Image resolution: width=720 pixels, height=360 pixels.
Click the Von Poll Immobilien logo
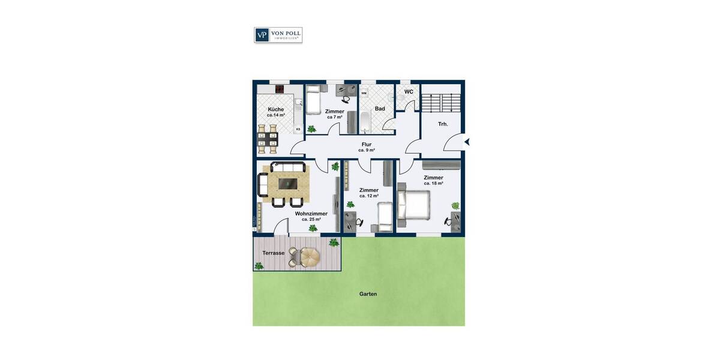pos(278,35)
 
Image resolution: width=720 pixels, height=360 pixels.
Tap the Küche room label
pos(276,109)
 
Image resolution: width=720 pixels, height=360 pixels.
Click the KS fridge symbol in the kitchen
pos(298,129)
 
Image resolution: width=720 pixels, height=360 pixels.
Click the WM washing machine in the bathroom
pos(364,93)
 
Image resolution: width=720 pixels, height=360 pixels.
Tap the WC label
pos(409,92)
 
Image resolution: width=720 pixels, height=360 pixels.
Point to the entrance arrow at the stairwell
pos(467,142)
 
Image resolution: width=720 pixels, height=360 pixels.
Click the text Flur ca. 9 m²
pos(367,147)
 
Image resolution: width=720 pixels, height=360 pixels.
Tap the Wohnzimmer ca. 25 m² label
pos(311,216)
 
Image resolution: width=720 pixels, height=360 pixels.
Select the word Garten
pos(368,294)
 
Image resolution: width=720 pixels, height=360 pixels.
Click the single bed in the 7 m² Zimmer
pos(313,100)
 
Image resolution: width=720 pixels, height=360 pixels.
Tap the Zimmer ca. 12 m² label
pos(368,193)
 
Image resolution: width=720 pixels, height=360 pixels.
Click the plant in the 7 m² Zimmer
pos(311,128)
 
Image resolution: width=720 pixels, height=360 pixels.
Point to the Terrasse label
pos(273,253)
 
